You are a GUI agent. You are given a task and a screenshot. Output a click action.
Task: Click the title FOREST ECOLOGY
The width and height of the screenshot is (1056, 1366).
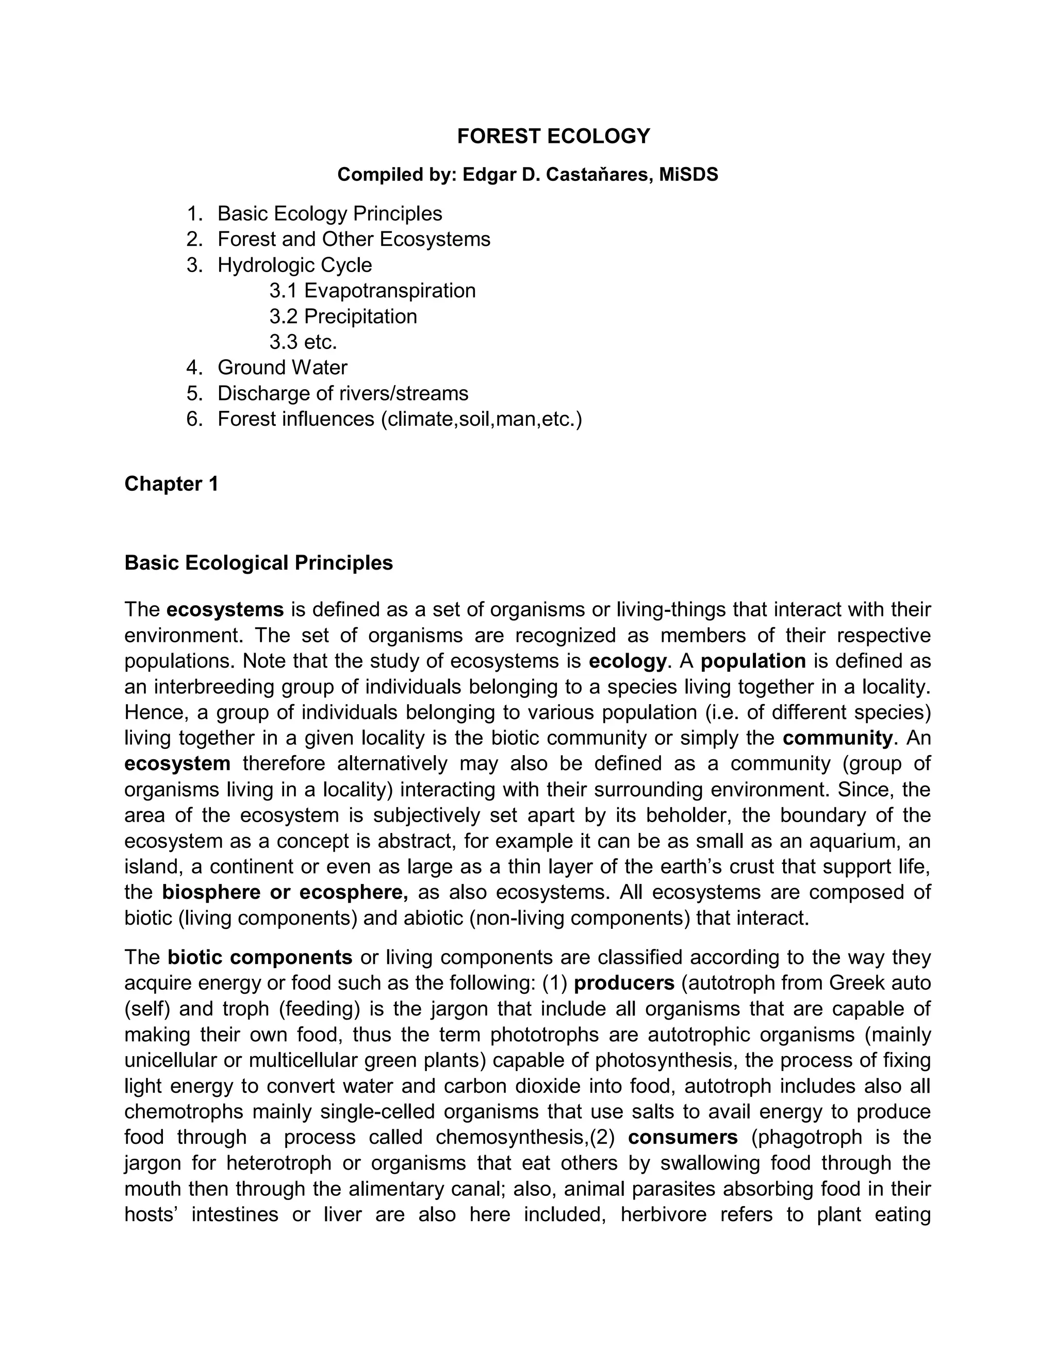[x=553, y=137]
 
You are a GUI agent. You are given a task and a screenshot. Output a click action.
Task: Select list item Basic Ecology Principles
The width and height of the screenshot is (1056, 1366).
[x=329, y=214]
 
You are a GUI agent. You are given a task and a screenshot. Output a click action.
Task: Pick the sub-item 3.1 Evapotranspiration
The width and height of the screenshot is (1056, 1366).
[x=372, y=291]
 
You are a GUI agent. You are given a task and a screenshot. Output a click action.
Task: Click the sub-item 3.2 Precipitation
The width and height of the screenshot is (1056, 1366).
[x=343, y=316]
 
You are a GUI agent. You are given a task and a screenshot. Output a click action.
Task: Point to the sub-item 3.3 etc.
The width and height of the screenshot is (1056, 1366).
[x=303, y=342]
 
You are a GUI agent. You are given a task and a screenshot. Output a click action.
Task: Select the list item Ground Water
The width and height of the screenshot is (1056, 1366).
[x=282, y=368]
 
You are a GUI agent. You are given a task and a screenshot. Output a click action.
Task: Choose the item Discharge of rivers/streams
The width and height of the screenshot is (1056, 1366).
[x=343, y=393]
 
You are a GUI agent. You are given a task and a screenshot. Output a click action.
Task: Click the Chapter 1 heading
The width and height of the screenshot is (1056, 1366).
[x=171, y=484]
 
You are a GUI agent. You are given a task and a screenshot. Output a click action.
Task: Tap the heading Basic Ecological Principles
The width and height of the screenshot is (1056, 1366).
[x=258, y=563]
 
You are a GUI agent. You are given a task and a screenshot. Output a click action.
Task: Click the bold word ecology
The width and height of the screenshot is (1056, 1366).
[x=628, y=661]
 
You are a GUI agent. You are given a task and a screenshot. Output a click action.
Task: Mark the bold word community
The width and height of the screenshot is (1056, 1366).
[x=837, y=738]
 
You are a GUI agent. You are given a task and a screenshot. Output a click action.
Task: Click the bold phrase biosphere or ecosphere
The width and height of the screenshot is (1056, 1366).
[x=285, y=892]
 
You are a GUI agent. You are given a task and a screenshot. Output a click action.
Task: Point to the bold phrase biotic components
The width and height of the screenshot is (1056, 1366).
[x=260, y=958]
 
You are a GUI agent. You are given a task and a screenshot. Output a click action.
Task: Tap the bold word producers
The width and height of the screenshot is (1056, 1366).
[x=624, y=983]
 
